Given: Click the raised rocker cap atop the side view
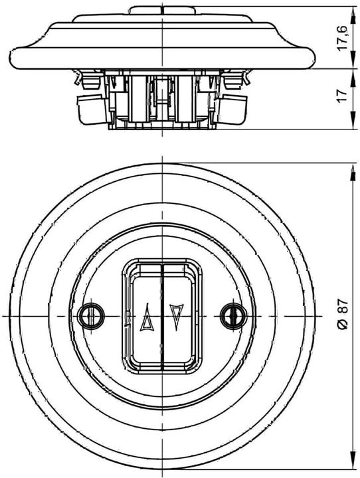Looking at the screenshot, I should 161,10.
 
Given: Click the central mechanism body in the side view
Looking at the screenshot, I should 161,100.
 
